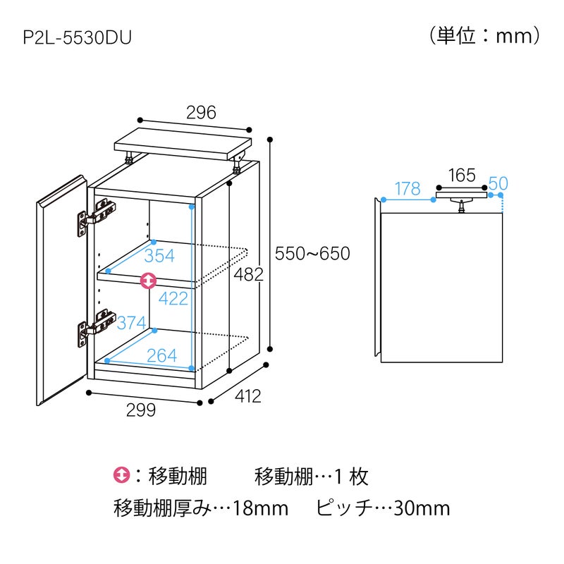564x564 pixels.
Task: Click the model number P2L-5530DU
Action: (78, 38)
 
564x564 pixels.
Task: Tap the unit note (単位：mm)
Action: (484, 36)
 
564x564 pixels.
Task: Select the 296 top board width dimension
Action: (201, 113)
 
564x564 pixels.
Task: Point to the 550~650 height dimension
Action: (312, 254)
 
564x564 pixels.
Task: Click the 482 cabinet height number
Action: (249, 274)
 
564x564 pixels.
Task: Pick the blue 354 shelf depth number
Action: (159, 256)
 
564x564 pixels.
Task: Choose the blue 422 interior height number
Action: (173, 298)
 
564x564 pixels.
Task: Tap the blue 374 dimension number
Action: (132, 323)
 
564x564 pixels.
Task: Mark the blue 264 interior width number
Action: (162, 356)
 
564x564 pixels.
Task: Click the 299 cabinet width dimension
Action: (141, 410)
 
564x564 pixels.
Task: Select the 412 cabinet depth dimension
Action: (248, 396)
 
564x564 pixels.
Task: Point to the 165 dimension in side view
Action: (462, 176)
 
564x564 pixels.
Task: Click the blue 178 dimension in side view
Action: (407, 188)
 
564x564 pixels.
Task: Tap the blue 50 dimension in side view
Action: (498, 183)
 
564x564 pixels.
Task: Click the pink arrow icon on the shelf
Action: (148, 281)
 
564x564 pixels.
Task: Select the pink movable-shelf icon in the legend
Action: (121, 475)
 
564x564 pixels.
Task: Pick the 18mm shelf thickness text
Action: (261, 508)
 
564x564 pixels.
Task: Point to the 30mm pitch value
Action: (422, 508)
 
